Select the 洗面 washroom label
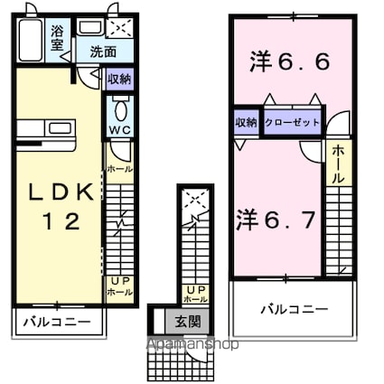point(101,52)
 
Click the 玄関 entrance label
point(187,321)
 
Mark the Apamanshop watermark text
point(187,344)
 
